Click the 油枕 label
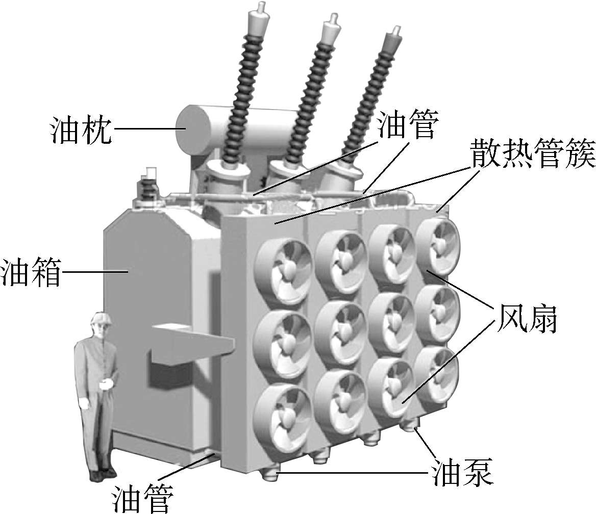pos(81,130)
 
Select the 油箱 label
pos(31,272)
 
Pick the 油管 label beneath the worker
pos(142,498)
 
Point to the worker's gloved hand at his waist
pos(106,384)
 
